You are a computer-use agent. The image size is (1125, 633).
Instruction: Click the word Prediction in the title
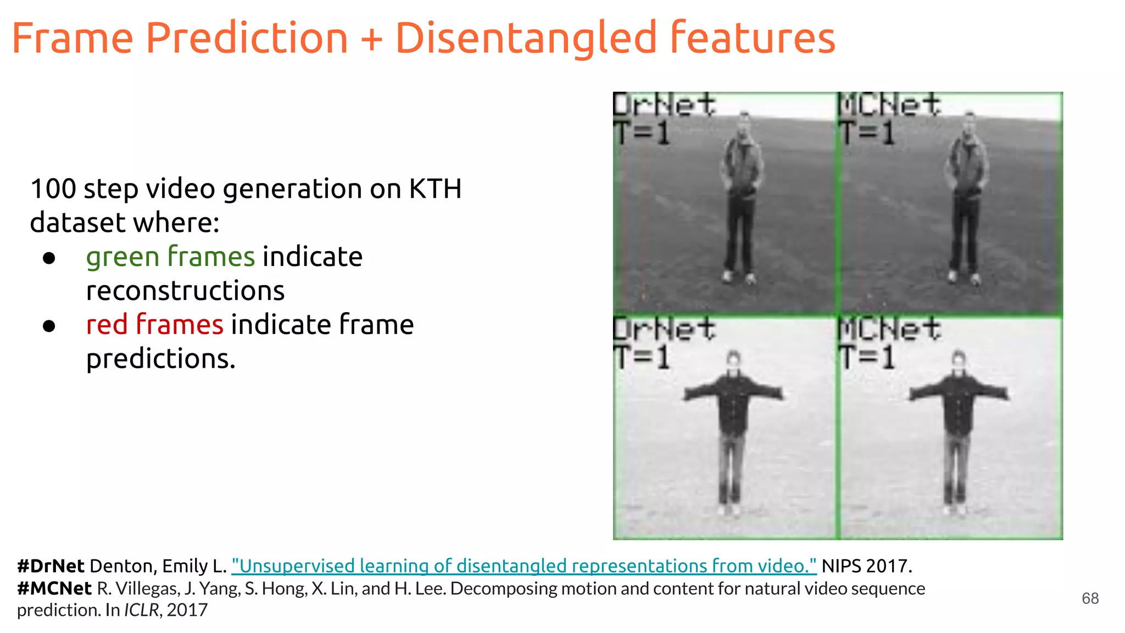pos(247,38)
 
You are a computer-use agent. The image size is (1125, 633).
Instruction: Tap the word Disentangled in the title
pos(526,38)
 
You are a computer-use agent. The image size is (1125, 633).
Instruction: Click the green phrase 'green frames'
pos(170,257)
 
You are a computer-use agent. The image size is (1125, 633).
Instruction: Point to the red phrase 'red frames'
pos(154,324)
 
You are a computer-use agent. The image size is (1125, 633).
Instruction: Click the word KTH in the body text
pos(435,189)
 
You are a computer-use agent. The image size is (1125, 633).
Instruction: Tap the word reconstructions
pos(185,291)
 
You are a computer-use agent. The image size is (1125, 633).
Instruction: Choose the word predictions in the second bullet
pos(160,359)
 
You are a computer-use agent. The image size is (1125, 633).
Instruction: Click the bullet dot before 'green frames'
pos(49,258)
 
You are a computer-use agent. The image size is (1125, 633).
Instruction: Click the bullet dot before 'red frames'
pos(49,326)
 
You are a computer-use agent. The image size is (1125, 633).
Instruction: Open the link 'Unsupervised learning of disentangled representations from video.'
pos(523,566)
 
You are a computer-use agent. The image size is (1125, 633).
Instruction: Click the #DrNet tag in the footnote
pos(51,566)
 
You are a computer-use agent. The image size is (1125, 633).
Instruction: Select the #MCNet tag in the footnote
pos(54,588)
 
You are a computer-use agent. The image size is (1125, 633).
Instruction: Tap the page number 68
pos(1090,598)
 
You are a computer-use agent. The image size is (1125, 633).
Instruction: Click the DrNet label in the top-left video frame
pos(664,104)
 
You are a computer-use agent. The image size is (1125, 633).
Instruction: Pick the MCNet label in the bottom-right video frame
pos(889,329)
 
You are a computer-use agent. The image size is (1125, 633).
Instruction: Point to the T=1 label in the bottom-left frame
pos(642,358)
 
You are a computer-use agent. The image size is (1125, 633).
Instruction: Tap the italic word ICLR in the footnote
pos(141,610)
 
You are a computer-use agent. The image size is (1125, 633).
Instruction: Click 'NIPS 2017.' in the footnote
pos(867,566)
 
